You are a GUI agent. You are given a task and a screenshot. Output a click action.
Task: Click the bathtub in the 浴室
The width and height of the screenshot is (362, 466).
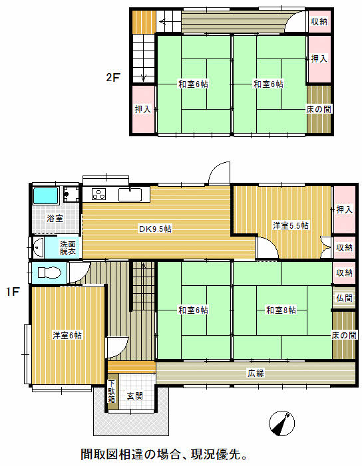click(45, 195)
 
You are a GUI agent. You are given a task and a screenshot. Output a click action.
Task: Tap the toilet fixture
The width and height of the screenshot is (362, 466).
click(49, 273)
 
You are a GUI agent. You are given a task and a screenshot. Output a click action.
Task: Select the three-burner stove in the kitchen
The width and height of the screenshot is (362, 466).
click(98, 194)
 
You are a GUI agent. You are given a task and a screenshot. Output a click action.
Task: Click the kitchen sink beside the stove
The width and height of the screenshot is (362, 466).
click(130, 195)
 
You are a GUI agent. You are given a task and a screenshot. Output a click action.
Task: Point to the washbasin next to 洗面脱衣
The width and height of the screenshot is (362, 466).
click(38, 247)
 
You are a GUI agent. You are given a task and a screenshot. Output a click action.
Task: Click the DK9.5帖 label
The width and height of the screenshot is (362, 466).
click(155, 229)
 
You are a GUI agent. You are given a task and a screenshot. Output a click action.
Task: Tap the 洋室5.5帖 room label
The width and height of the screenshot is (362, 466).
click(291, 225)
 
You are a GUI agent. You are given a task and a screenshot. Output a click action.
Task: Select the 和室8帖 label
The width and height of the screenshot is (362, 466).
click(281, 310)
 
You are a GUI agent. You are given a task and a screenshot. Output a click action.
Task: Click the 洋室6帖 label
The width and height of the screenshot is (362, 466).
click(67, 335)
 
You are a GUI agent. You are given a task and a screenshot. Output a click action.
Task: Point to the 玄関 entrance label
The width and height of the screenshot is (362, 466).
click(134, 396)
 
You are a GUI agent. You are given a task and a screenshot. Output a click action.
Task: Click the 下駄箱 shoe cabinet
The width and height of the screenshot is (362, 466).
click(112, 392)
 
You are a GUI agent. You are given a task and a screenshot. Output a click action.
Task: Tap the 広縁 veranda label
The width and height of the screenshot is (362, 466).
click(256, 374)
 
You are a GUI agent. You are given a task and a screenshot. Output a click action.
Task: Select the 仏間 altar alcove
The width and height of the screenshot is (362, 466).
click(344, 298)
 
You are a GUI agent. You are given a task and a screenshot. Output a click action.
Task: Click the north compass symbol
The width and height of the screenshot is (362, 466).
click(281, 423)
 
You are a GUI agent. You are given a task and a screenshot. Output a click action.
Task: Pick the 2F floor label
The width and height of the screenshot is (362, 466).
click(113, 78)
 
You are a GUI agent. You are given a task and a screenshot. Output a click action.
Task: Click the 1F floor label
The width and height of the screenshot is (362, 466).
click(13, 292)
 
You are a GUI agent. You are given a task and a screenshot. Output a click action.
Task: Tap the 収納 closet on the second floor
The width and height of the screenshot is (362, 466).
click(319, 21)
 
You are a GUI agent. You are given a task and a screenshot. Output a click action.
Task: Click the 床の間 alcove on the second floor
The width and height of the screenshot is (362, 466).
click(319, 110)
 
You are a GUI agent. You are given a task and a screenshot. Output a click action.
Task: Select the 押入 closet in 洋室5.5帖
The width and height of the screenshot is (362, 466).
click(345, 209)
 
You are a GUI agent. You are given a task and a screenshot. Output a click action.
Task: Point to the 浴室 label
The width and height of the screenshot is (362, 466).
click(55, 219)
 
